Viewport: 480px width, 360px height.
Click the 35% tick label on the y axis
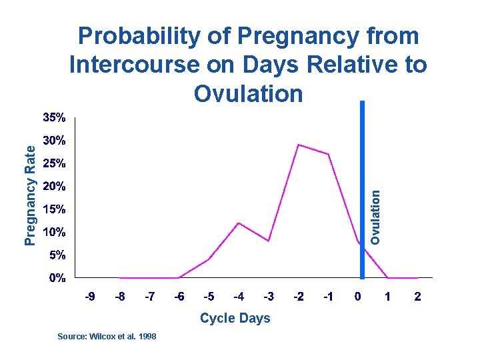click(54, 118)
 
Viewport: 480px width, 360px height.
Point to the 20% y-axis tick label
click(54, 186)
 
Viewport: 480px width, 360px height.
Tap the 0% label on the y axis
click(57, 278)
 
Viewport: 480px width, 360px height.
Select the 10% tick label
click(54, 232)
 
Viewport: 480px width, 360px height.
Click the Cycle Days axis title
click(235, 318)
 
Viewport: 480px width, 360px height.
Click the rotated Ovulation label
click(376, 217)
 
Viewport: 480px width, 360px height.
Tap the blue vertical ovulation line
click(362, 167)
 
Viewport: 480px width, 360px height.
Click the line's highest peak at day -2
click(298, 145)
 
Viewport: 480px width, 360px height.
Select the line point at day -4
click(238, 223)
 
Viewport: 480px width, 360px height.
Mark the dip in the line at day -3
click(268, 241)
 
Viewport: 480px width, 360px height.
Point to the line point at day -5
click(209, 259)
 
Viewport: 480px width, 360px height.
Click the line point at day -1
click(328, 154)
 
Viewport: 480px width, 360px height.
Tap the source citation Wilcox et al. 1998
click(107, 337)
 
